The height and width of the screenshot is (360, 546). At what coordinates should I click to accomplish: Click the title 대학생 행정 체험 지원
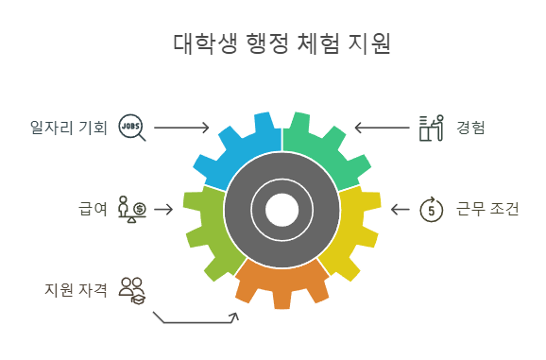282,43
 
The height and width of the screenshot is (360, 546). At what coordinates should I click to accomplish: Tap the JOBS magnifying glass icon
131,127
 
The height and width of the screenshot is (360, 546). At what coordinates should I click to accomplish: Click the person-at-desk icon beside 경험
431,127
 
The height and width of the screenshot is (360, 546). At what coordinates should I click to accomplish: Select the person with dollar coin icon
131,208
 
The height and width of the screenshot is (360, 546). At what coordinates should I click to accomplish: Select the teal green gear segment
327,146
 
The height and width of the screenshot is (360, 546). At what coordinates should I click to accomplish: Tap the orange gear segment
282,283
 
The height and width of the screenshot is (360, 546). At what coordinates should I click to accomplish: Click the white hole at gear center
282,209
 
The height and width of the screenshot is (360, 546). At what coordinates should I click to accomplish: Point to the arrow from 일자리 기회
181,127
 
